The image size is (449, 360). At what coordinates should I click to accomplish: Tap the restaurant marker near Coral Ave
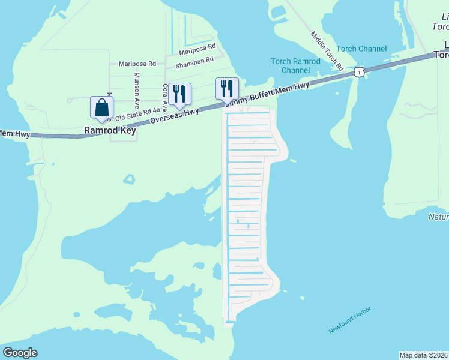click(x=179, y=93)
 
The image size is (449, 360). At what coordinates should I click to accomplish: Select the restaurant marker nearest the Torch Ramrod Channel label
click(x=226, y=88)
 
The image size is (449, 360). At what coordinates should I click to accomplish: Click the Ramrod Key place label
click(x=110, y=130)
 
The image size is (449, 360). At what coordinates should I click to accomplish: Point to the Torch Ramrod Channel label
click(x=295, y=65)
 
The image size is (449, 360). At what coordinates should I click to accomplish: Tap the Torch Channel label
click(x=361, y=49)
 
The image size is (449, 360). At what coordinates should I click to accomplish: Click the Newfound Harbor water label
click(x=350, y=320)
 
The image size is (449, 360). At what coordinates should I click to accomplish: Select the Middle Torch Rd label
click(x=327, y=50)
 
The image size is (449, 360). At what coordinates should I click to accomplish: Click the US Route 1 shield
click(x=358, y=72)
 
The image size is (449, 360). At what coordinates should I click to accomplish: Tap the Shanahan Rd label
click(x=194, y=61)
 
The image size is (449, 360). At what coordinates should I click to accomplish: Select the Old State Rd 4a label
click(x=137, y=113)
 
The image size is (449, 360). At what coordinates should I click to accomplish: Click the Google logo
click(x=20, y=353)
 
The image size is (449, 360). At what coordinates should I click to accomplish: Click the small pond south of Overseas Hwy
click(x=129, y=178)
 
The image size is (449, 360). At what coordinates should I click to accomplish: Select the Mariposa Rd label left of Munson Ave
click(x=137, y=63)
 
